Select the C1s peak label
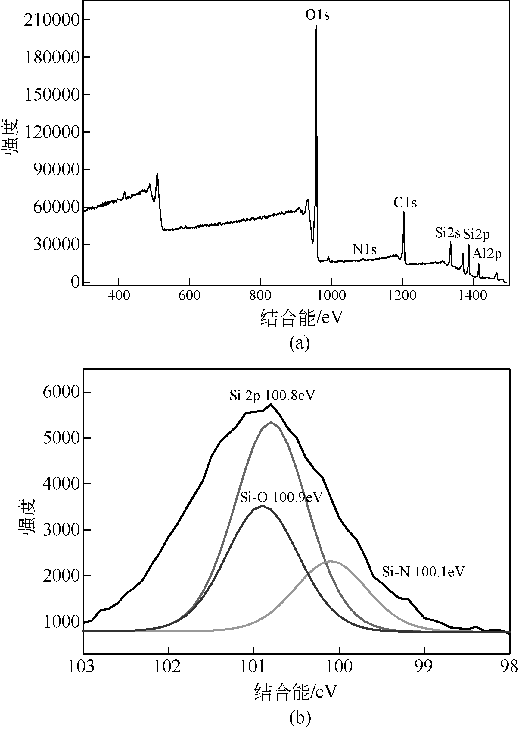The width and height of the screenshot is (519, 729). click(405, 203)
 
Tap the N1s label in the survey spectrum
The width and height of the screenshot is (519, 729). click(364, 249)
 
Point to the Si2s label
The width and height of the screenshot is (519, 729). click(447, 233)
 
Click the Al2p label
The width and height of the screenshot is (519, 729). click(487, 254)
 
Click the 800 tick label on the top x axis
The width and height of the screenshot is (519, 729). click(260, 295)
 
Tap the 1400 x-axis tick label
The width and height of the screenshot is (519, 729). click(473, 295)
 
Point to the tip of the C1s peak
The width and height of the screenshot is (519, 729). click(404, 212)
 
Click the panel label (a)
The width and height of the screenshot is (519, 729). click(300, 343)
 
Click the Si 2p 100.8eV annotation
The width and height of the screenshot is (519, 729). click(272, 396)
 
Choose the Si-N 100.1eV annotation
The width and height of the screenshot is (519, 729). click(424, 572)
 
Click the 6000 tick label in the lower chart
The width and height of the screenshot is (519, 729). click(61, 392)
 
